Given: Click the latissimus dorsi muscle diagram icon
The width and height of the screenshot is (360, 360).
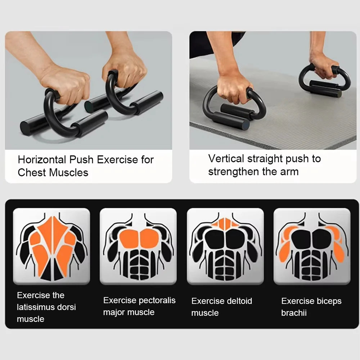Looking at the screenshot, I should coord(51,246).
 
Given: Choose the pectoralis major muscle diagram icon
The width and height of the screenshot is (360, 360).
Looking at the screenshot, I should coord(139,246).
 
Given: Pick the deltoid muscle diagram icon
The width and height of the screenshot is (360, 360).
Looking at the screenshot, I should coord(225,246).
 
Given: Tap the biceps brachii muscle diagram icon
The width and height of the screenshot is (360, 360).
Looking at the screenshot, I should coord(312,246).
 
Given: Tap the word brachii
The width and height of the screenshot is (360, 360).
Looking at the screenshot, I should coord(294,313).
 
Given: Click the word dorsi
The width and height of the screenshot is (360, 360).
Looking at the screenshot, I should coord(66,307).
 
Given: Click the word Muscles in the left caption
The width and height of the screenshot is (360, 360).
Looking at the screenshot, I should coord(68,172).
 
